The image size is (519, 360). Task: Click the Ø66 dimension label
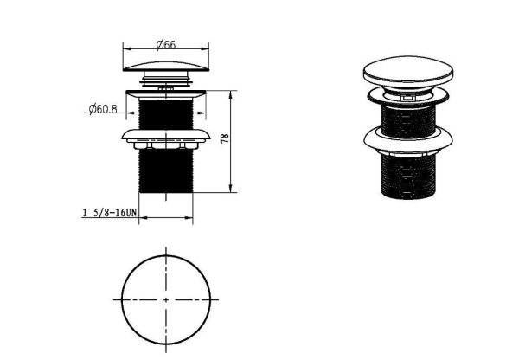pos(166,44)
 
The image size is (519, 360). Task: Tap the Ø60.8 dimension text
pos(103,109)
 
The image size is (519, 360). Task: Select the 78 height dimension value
pos(225,138)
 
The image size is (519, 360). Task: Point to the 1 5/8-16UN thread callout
pos(109,212)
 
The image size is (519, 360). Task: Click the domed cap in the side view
pos(166,67)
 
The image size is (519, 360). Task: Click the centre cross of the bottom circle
pos(166,300)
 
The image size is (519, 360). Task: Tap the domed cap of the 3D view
pos(408,72)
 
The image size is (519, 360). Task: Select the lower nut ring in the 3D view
pos(408,140)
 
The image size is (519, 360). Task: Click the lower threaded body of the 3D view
pos(408,177)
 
